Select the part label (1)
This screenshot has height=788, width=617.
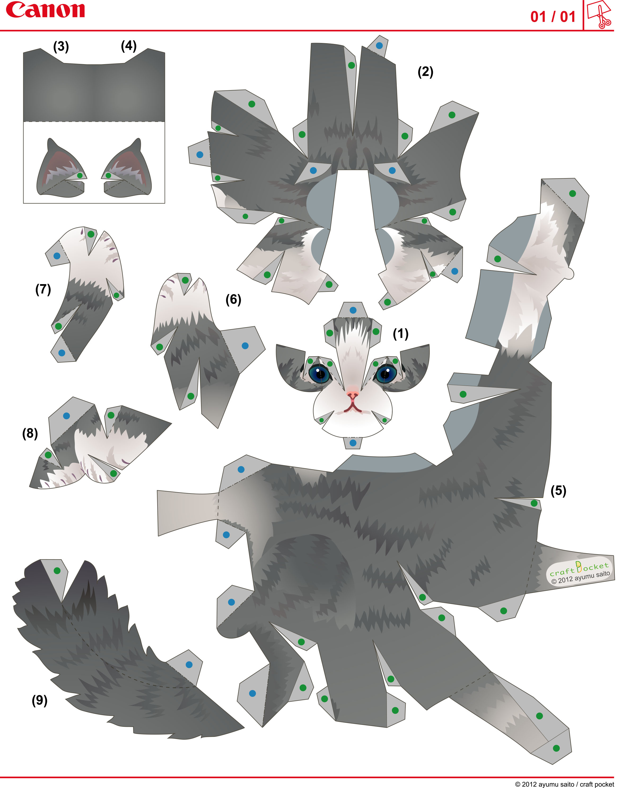click(x=401, y=334)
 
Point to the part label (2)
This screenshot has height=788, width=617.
click(x=425, y=72)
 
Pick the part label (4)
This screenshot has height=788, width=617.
click(x=129, y=46)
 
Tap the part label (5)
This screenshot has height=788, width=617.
click(x=558, y=490)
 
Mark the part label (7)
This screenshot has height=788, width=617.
click(x=43, y=289)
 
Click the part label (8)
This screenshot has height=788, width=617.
click(x=30, y=433)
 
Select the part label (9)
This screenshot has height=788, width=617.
click(x=40, y=700)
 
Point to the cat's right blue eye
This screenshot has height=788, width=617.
click(x=386, y=374)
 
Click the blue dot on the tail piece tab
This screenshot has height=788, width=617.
click(x=189, y=664)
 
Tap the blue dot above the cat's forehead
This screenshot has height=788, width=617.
click(x=353, y=310)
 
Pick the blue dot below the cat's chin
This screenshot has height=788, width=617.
click(x=353, y=442)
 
